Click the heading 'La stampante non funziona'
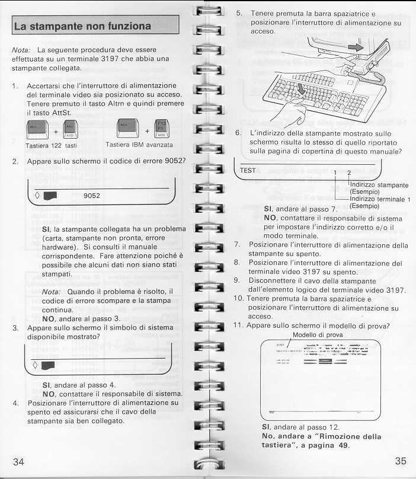tap(83, 27)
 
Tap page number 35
tap(400, 462)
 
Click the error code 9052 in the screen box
tap(92, 195)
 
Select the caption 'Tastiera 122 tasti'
tap(52, 145)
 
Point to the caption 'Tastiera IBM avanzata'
tap(139, 145)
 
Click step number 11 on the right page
tap(239, 325)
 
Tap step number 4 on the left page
tap(15, 403)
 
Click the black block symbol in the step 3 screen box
tap(49, 363)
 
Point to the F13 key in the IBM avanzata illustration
tap(158, 124)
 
